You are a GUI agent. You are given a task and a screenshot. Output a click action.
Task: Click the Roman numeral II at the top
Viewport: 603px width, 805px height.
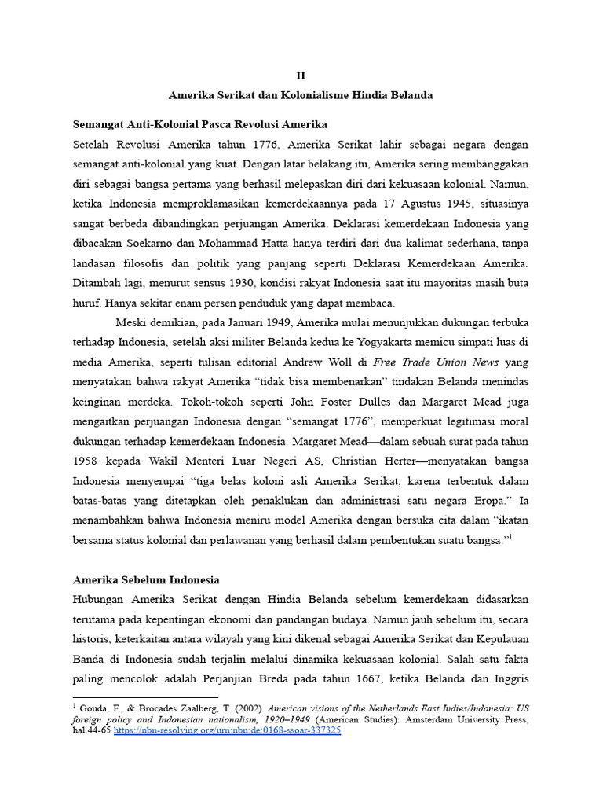point(301,75)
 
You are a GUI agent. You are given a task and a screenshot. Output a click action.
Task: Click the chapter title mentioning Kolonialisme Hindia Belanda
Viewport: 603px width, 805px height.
point(301,95)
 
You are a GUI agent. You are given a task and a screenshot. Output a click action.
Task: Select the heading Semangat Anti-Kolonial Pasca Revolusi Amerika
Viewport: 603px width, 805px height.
point(200,125)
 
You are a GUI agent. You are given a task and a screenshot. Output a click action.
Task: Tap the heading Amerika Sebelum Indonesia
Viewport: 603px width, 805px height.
point(146,580)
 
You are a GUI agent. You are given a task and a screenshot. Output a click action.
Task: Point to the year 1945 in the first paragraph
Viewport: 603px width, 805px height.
point(445,206)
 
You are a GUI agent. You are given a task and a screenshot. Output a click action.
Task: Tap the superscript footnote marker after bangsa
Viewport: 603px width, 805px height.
point(511,537)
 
